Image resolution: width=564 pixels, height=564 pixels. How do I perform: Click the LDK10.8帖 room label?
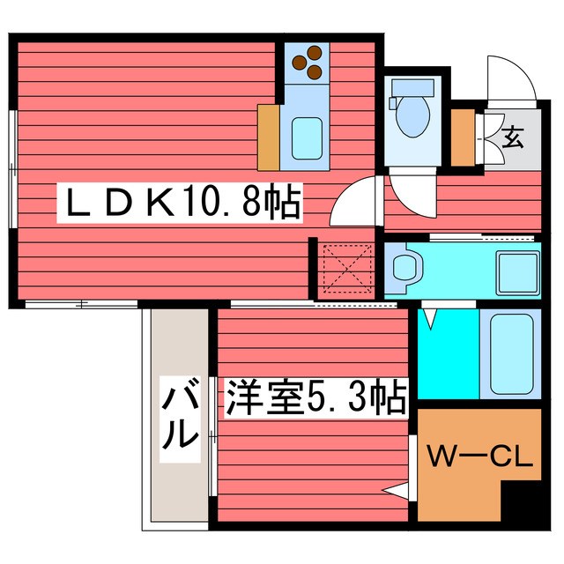[181, 205]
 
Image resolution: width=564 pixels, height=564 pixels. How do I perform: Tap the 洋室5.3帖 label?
[315, 398]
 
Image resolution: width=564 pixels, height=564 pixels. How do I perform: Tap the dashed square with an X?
[345, 270]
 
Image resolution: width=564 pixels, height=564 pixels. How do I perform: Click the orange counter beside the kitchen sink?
[269, 137]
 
